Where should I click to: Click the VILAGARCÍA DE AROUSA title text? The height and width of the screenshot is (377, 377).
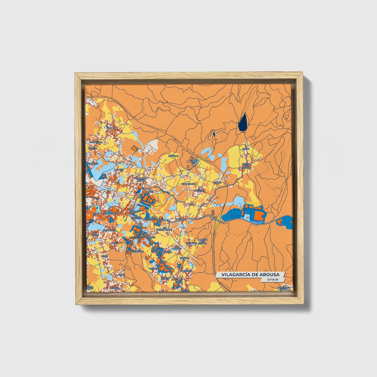(250, 275)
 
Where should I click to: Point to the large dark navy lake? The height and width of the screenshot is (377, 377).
(243, 123)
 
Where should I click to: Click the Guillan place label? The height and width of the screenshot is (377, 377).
(111, 128)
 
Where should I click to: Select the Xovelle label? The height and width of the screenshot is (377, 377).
(173, 156)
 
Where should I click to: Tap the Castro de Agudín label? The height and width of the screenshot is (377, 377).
(246, 166)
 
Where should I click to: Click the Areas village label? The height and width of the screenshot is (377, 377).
(246, 149)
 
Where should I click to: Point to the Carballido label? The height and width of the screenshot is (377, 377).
(189, 184)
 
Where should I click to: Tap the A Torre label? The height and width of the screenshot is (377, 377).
(119, 170)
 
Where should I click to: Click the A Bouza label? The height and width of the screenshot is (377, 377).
(151, 237)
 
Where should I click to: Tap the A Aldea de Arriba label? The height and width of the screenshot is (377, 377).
(202, 241)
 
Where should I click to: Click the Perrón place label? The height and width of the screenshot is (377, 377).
(154, 268)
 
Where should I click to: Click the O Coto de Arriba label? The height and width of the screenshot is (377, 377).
(284, 288)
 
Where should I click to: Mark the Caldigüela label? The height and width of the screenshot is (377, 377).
(96, 142)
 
